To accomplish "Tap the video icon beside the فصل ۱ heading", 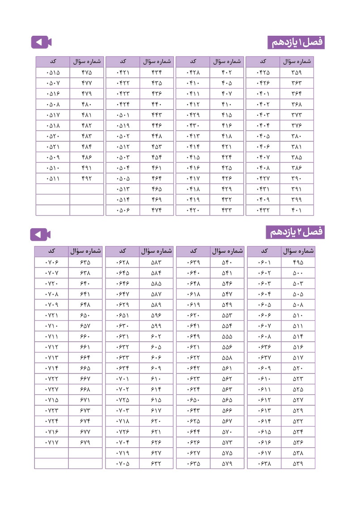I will point(42,42).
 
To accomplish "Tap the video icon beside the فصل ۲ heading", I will point(41,234).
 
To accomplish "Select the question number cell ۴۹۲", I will point(87,178).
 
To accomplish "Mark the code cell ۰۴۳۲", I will point(263,210).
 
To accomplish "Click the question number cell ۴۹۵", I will point(297,263).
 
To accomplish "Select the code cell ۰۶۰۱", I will point(264,263).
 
